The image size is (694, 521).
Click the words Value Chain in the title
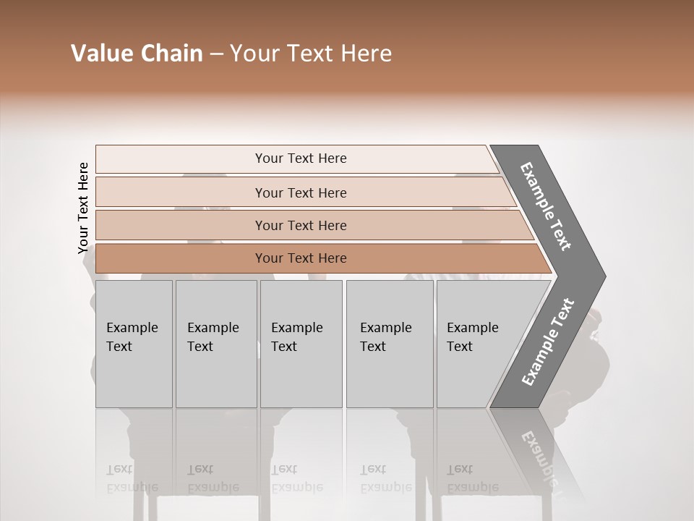tap(137, 54)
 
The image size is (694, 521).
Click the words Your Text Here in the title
tap(311, 54)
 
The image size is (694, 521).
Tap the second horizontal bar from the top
tap(301, 192)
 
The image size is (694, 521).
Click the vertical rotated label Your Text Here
tap(83, 208)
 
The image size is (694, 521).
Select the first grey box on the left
tap(134, 344)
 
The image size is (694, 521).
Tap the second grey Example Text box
tap(215, 344)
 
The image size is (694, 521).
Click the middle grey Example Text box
tap(301, 344)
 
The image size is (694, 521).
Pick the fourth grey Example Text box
tap(390, 344)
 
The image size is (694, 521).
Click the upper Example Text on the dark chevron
tap(546, 206)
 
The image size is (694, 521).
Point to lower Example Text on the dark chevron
tap(547, 342)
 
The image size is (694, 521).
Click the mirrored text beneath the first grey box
tap(132, 478)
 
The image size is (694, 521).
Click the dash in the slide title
tap(216, 54)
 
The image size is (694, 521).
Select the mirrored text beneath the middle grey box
tap(297, 478)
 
